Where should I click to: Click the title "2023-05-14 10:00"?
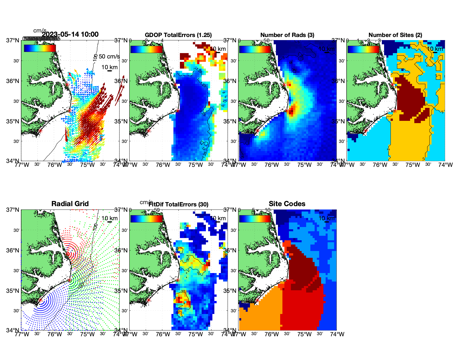coord(70,34)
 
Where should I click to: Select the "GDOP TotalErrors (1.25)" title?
coord(178,35)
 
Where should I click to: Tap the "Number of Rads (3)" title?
coord(287,35)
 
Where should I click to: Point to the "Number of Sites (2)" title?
coord(395,35)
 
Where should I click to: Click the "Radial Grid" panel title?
coord(70,204)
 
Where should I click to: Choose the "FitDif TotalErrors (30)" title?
coord(178,204)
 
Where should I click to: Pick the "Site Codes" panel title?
coord(287,204)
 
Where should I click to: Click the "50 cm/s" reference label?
coord(109,56)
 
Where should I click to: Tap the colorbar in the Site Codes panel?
coord(255,219)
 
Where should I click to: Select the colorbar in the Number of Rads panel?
coord(255,49)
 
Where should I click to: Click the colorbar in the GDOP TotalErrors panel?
coord(146,49)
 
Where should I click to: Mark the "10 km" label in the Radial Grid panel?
coord(110,218)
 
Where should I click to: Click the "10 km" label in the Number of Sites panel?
coord(435,49)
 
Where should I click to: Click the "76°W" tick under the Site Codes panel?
coord(272,334)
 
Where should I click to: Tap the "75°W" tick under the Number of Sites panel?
coord(413,165)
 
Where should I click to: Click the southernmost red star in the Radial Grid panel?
coord(40,300)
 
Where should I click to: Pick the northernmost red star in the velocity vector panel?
coord(67,84)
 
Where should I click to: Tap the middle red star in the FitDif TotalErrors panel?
coord(178,280)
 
